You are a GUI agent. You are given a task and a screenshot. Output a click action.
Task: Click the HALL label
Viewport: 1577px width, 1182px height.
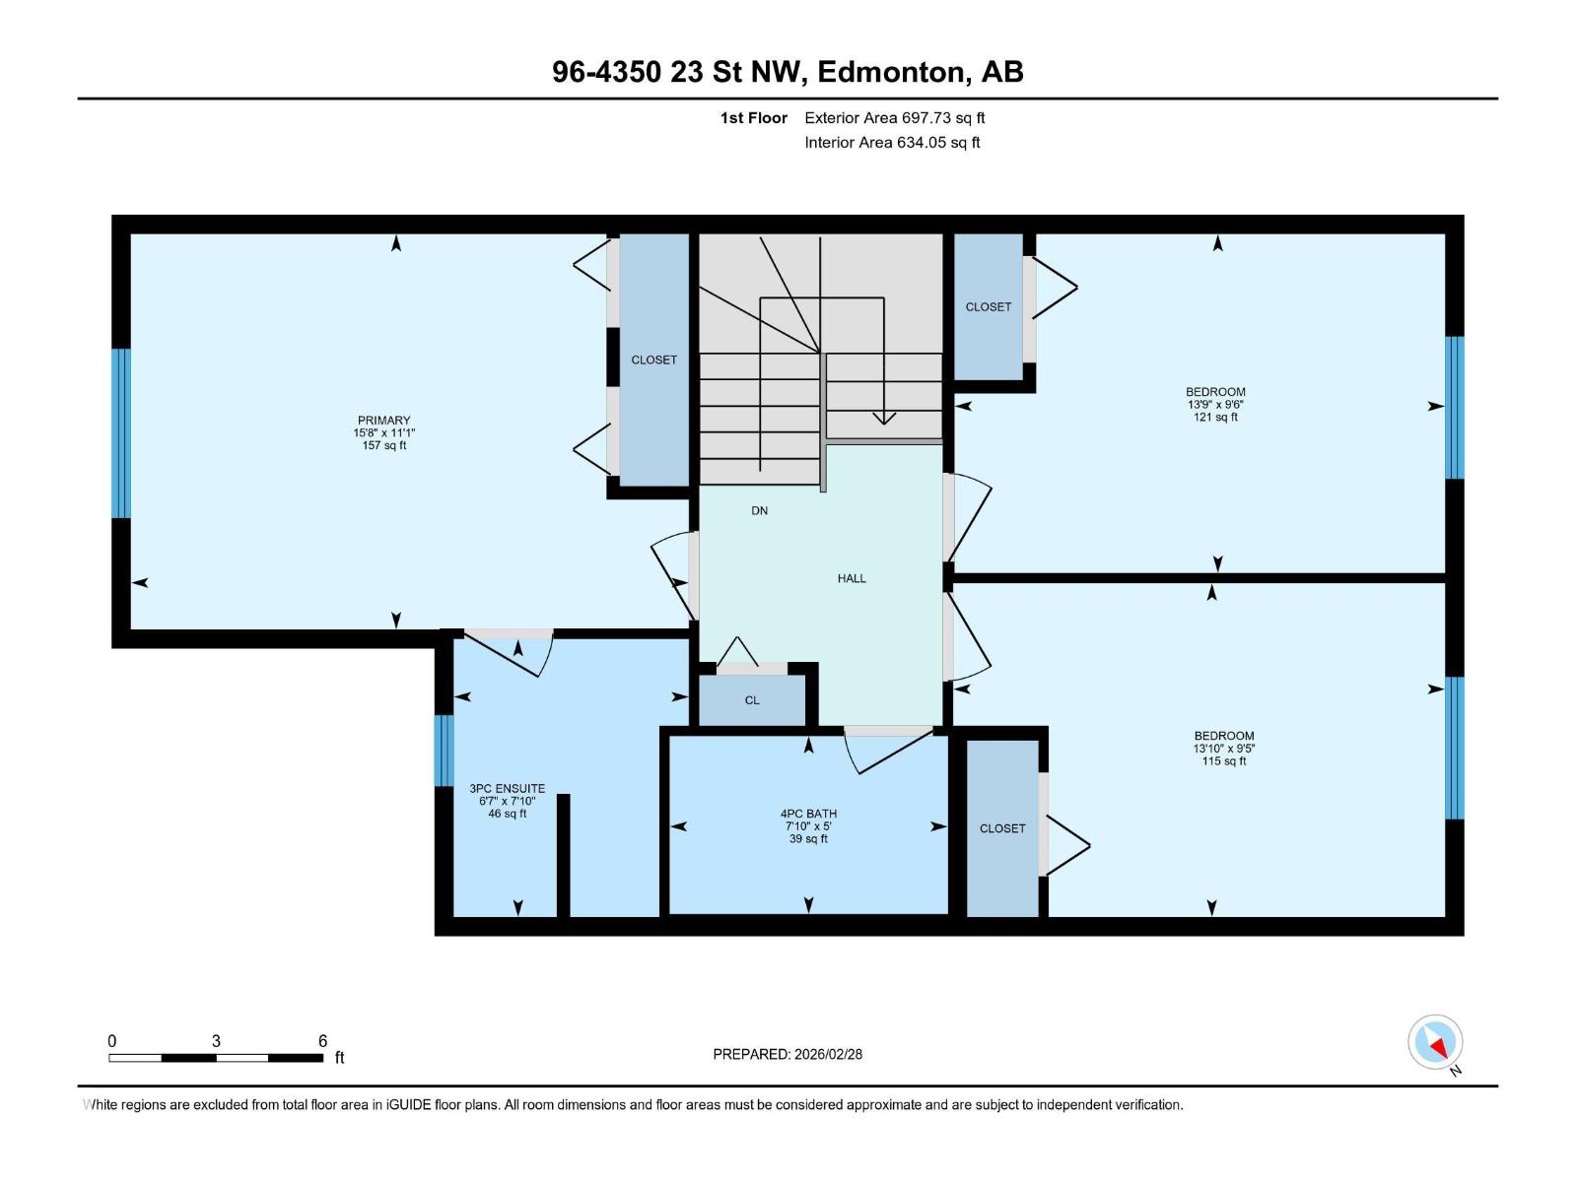coord(852,578)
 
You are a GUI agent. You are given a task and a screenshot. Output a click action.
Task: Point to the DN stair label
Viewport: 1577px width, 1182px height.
coord(759,510)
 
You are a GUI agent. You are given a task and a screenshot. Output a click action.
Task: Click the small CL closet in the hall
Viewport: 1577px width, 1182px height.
coord(752,700)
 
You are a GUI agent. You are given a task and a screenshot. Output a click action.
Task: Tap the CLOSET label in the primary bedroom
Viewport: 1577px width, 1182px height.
coord(653,360)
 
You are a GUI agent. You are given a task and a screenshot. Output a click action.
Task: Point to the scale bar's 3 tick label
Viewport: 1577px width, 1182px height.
coord(216,1041)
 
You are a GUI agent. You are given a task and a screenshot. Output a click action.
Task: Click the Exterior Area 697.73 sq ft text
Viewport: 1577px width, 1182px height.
coord(894,118)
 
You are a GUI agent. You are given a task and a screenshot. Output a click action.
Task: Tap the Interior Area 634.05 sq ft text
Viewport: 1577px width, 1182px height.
coord(892,143)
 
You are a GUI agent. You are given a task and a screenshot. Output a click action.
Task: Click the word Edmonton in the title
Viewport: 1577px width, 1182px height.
coord(890,72)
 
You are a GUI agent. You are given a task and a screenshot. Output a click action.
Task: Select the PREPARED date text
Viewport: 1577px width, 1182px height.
coord(788,1054)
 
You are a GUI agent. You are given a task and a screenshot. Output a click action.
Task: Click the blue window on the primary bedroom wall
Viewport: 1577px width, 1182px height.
coord(120,432)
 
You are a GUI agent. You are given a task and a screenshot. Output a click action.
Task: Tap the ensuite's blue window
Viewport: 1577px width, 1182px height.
coord(445,750)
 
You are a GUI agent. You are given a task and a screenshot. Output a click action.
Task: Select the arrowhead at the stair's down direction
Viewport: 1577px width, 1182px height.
coord(884,418)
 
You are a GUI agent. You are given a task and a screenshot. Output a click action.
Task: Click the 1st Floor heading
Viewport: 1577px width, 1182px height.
coord(753,118)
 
